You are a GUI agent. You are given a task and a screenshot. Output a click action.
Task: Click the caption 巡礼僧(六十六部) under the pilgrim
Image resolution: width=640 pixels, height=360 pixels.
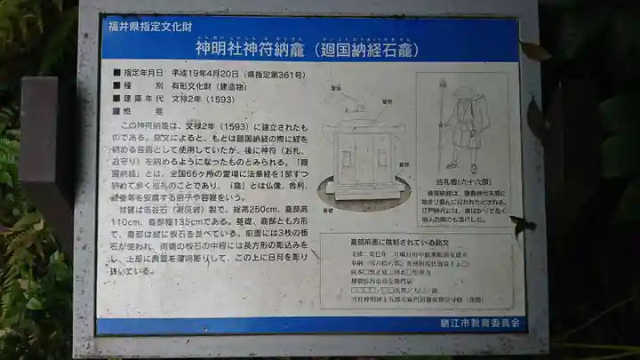click(462, 181)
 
